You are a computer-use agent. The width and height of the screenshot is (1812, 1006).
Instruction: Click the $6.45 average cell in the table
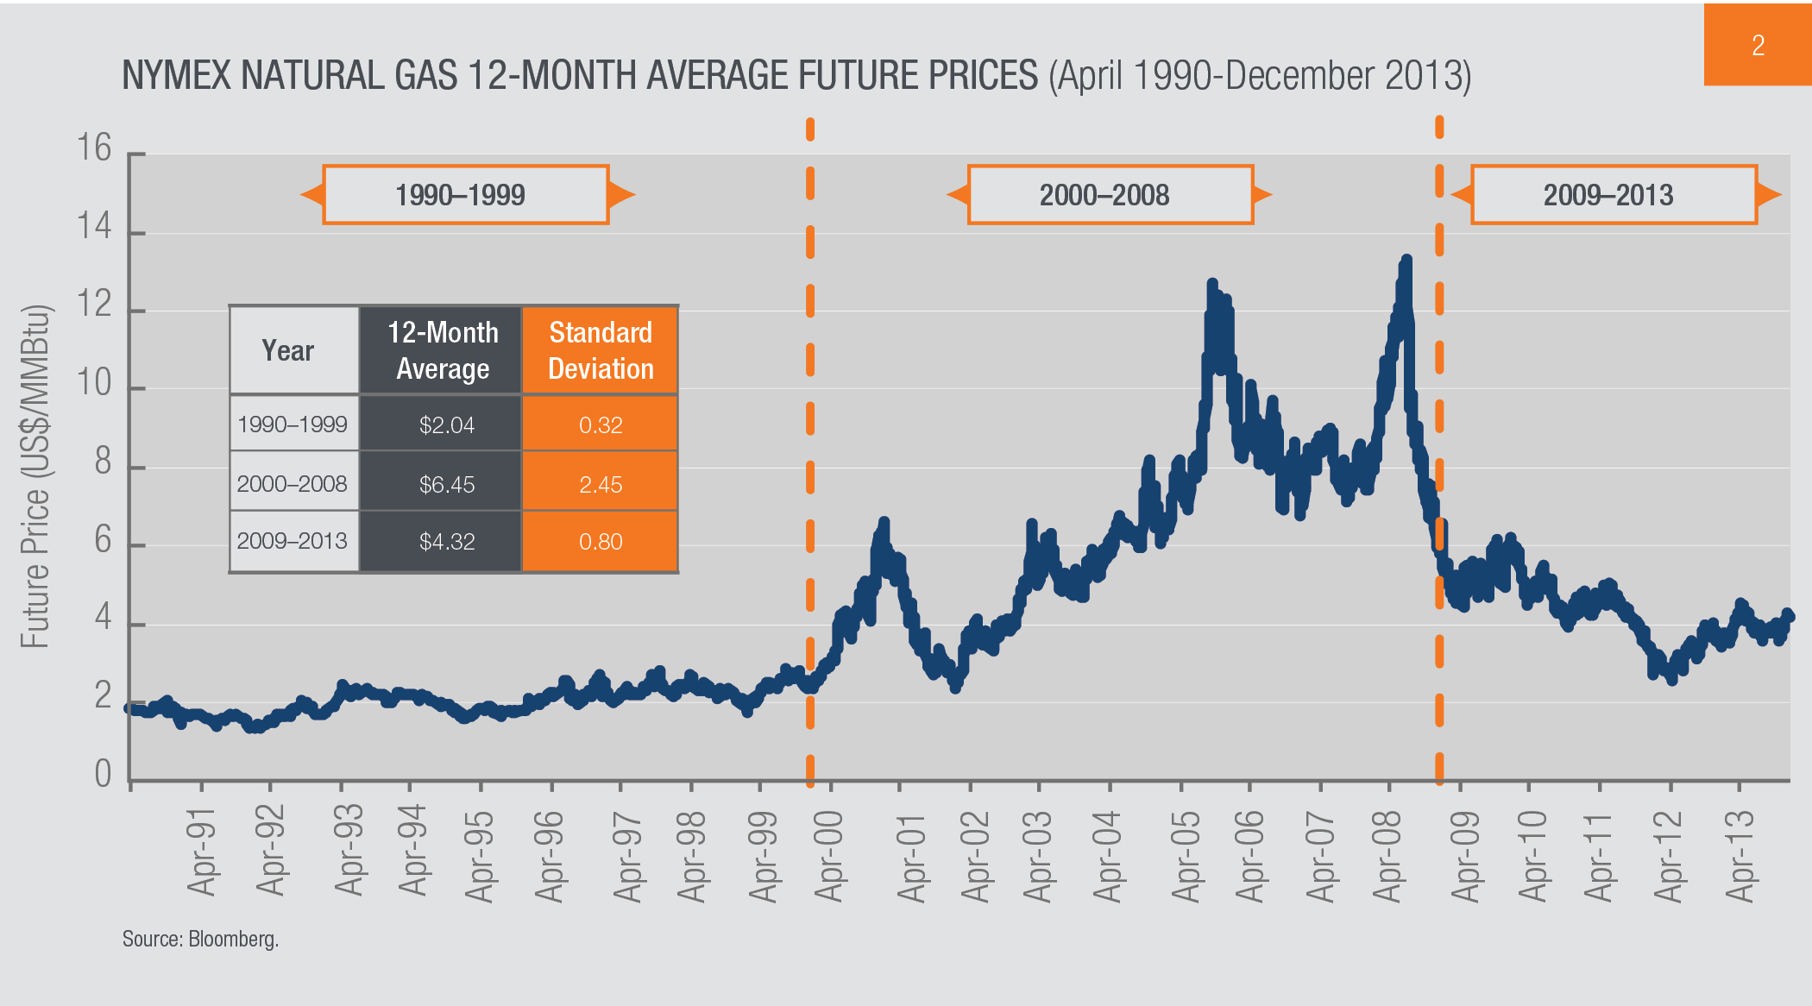[446, 484]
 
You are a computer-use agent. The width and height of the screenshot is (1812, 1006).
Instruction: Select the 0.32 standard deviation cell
[601, 424]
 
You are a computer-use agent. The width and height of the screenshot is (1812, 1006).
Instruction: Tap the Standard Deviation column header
[601, 350]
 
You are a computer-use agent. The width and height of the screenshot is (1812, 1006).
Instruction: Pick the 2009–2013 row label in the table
[293, 541]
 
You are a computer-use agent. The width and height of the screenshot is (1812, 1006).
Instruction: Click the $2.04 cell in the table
[446, 424]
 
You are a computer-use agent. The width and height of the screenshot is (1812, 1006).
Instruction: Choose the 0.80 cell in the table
[601, 541]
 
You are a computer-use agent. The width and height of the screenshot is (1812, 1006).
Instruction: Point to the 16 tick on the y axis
[94, 148]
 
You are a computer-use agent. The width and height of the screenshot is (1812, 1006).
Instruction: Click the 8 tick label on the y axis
[103, 462]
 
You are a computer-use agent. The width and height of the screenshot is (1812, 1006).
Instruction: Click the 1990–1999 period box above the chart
[466, 195]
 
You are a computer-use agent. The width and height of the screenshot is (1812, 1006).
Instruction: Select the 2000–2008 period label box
[1110, 195]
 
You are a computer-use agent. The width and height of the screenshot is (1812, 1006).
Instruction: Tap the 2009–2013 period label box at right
[1613, 195]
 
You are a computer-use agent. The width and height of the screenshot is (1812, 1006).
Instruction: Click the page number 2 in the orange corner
[1758, 45]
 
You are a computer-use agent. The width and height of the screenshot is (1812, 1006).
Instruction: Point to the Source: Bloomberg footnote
[200, 939]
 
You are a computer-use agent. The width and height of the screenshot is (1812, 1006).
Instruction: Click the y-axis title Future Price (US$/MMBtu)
[35, 476]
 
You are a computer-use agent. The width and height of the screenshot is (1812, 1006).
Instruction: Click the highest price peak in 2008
[1406, 259]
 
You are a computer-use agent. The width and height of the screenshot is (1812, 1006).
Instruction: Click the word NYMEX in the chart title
[177, 76]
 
